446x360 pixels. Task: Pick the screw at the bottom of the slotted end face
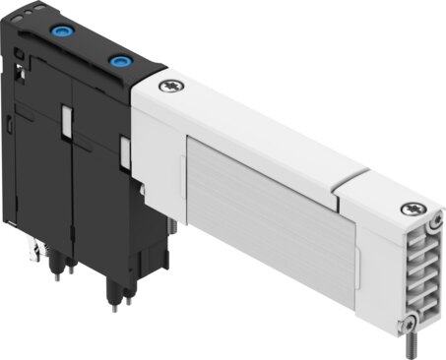click(403, 327)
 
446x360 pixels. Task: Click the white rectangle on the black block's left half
click(65, 120)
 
